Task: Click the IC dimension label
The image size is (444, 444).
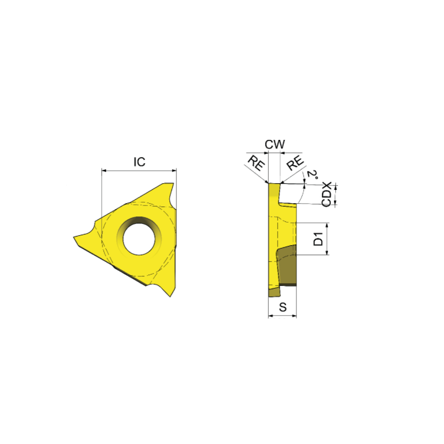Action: click(x=139, y=162)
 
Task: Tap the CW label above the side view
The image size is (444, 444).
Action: click(x=275, y=144)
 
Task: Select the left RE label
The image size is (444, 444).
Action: click(x=256, y=163)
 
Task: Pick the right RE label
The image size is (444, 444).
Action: click(x=295, y=163)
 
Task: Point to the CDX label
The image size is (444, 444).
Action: click(x=326, y=194)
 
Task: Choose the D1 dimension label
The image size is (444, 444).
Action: click(x=319, y=239)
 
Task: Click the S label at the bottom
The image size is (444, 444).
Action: click(x=282, y=307)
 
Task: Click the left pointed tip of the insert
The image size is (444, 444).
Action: click(x=74, y=237)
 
